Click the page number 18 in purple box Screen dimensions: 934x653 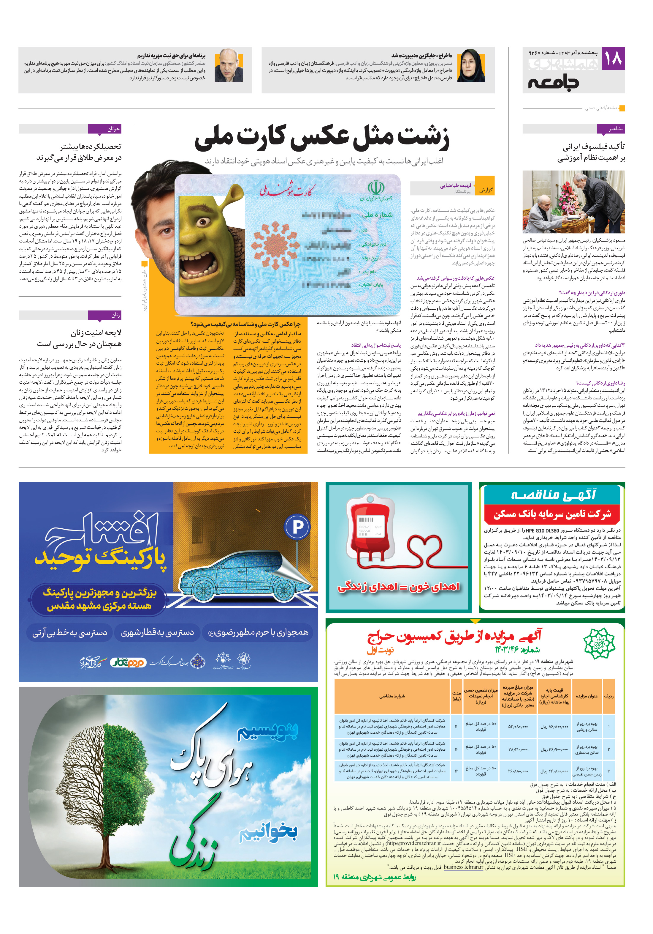613,58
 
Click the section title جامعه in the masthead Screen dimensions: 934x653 554,83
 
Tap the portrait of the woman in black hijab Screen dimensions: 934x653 471,66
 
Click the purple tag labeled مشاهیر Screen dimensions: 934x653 611,129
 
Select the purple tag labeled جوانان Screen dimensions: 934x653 104,129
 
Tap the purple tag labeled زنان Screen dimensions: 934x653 104,315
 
